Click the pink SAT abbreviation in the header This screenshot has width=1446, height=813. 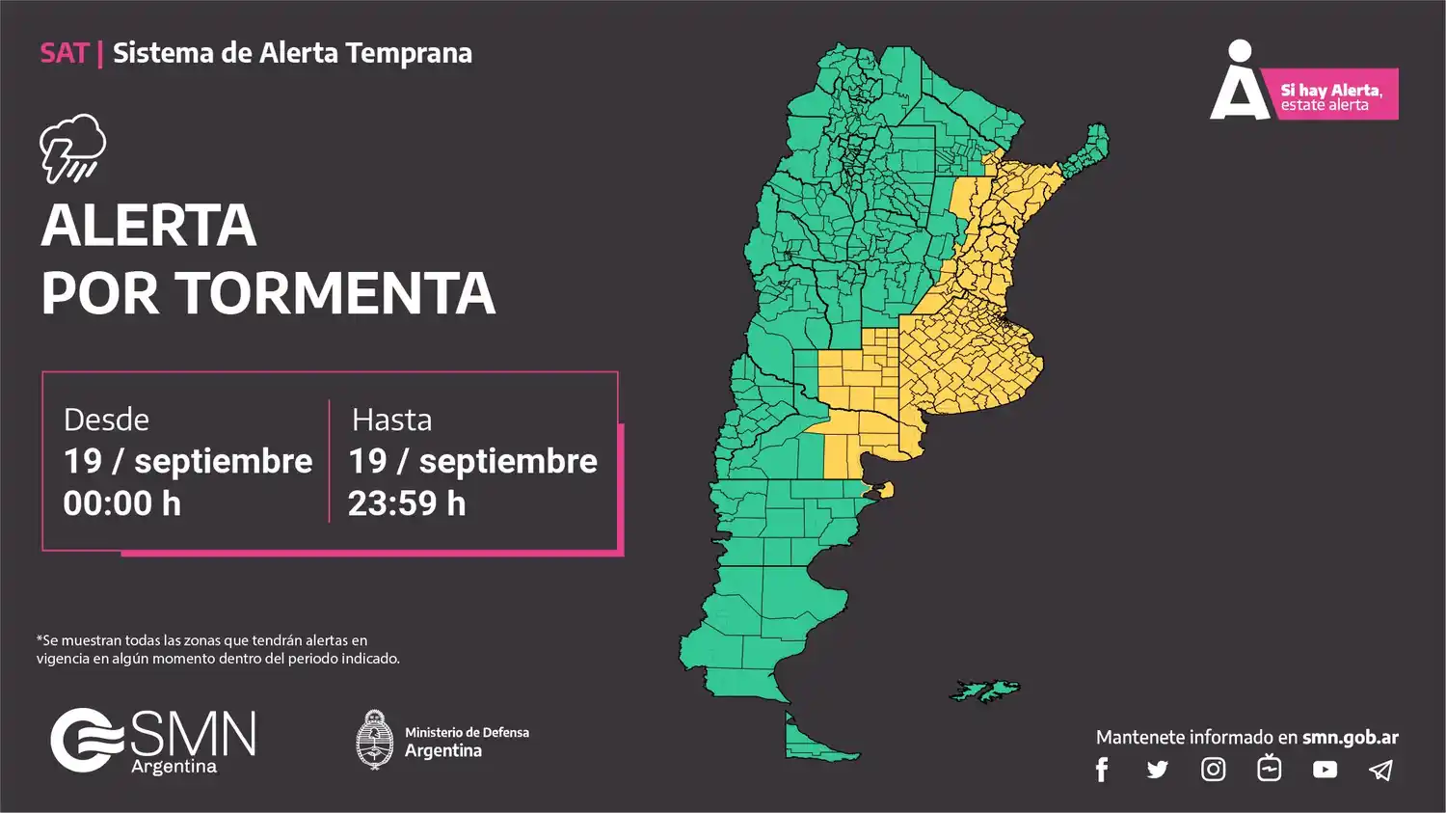tap(64, 53)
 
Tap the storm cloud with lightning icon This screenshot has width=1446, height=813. tap(72, 149)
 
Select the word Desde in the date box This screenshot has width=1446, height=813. tap(106, 420)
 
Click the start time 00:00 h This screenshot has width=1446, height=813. tap(121, 503)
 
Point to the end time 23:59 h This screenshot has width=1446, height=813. tap(406, 503)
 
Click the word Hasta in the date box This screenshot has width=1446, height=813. tap(391, 420)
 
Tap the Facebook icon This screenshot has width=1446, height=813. tap(1102, 770)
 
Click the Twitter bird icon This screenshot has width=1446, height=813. tap(1157, 770)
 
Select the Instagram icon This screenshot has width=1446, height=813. tap(1213, 770)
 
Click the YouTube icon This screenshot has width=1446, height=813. tap(1325, 770)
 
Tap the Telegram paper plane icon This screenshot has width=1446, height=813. tap(1380, 770)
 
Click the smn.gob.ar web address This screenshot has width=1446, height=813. tap(1350, 738)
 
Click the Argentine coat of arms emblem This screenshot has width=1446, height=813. tap(374, 741)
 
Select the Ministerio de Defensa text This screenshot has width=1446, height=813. tap(467, 733)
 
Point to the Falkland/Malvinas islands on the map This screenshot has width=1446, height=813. tap(985, 691)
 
